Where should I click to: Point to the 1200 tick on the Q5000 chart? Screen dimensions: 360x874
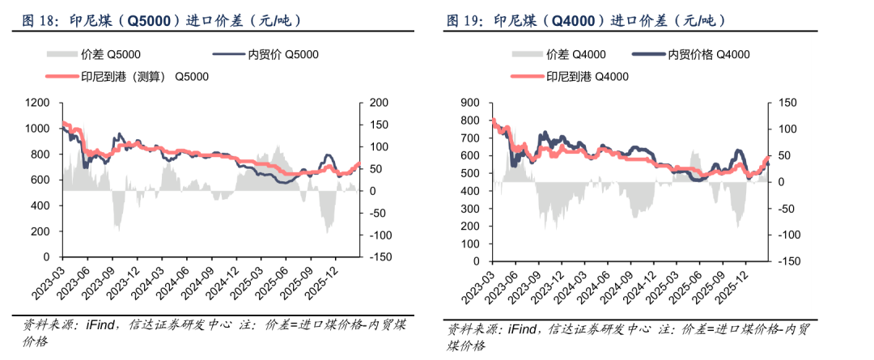(x=37, y=103)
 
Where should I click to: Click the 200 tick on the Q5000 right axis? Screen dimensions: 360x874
(x=380, y=103)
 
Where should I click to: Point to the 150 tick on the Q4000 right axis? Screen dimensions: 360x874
(x=789, y=103)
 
